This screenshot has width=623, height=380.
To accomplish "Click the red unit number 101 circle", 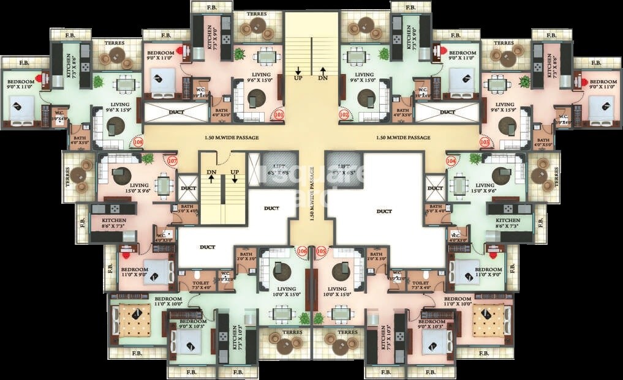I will [x=279, y=114].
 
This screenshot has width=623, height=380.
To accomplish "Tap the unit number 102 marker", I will [x=344, y=114].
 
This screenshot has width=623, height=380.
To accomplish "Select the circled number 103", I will [x=485, y=142].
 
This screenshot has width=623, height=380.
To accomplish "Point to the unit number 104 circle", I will [x=451, y=161].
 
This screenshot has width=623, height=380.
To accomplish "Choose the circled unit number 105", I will [x=322, y=251].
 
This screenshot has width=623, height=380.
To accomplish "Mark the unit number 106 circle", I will [x=301, y=251].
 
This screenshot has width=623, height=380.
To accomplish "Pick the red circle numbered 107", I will [x=172, y=161].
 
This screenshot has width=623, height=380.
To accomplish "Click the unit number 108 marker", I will [x=138, y=142].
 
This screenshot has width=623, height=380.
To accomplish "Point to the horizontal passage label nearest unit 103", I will [x=403, y=138].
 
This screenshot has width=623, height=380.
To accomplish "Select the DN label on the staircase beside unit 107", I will [x=210, y=172].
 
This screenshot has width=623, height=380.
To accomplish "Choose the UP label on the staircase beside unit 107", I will [x=234, y=172].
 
